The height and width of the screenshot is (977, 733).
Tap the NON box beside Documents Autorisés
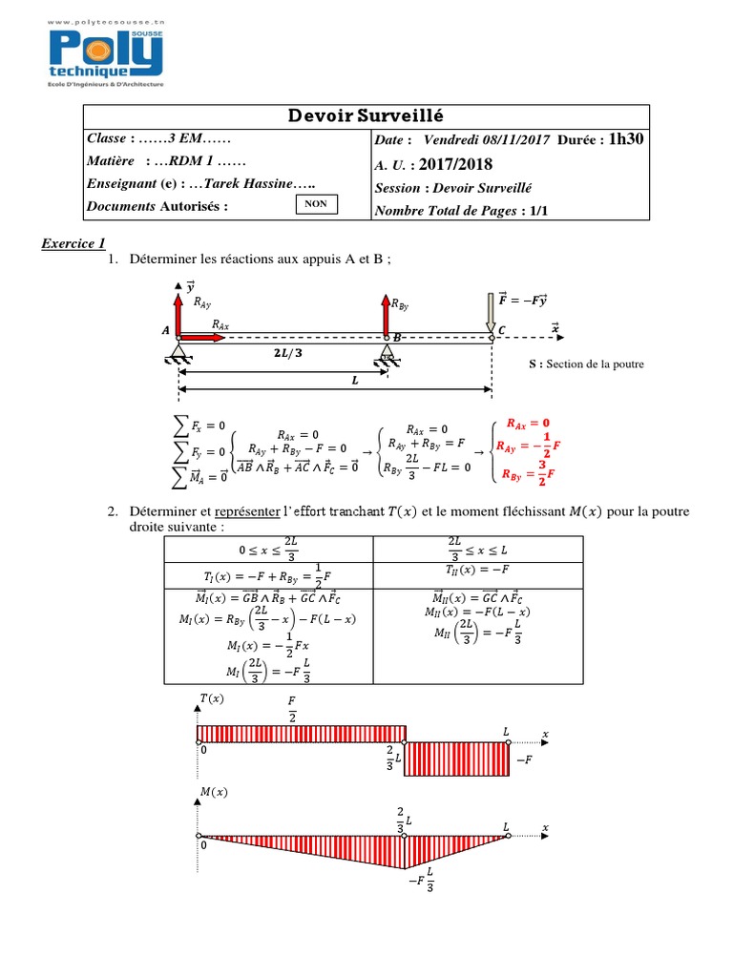[x=311, y=204]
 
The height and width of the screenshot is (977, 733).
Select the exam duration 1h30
[x=626, y=139]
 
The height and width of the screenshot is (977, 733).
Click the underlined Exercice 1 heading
[x=73, y=243]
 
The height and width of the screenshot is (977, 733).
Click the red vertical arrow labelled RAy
[x=178, y=311]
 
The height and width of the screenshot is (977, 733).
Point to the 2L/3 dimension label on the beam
[x=283, y=352]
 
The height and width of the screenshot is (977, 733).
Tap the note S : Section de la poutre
[x=586, y=364]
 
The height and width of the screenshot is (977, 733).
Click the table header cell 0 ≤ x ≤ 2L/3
[x=268, y=550]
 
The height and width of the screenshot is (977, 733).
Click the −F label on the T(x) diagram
[x=524, y=760]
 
